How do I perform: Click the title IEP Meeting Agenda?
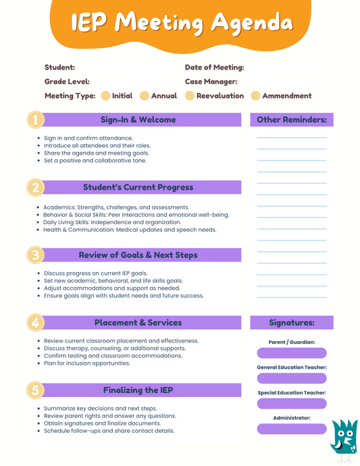(x=182, y=23)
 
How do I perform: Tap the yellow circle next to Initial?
(x=105, y=96)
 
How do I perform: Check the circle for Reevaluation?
(x=190, y=96)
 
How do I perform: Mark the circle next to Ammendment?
(x=255, y=96)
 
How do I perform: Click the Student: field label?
(x=59, y=68)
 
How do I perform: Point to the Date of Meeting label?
(x=214, y=68)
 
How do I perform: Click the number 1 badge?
(x=36, y=120)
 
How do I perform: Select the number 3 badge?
(x=36, y=255)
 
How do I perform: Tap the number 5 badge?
(x=36, y=390)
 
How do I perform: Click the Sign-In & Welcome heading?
(x=138, y=120)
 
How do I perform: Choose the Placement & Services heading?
(x=138, y=323)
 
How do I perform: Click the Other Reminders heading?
(x=292, y=120)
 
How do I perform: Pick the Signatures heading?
(x=292, y=323)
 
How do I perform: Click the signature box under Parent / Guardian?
(x=292, y=353)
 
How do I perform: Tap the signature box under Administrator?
(x=292, y=429)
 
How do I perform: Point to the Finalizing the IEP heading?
(x=138, y=390)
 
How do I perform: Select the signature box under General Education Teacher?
(x=292, y=378)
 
